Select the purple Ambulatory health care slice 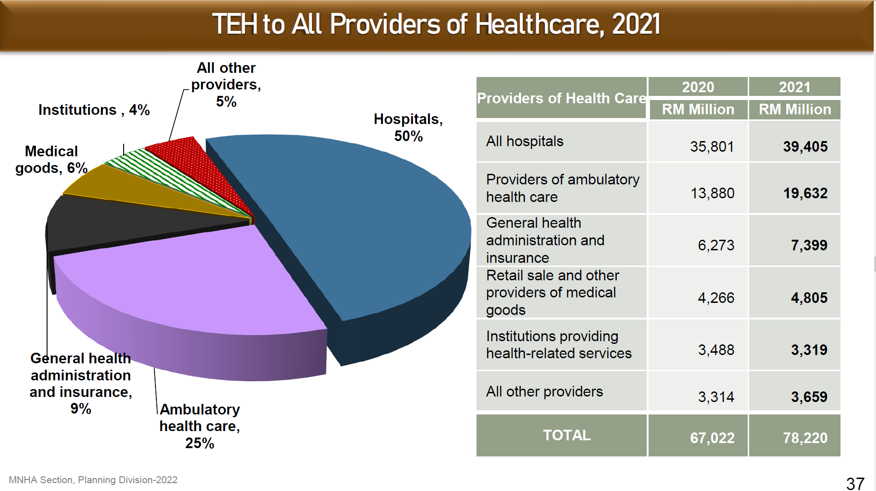[x=185, y=286]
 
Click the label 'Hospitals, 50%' [x=408, y=127]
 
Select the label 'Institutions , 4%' [x=94, y=110]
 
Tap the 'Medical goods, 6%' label [x=51, y=160]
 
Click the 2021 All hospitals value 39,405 [x=805, y=147]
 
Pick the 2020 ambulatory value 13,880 [x=712, y=193]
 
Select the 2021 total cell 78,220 [x=805, y=438]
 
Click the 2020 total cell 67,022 [x=712, y=438]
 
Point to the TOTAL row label [x=566, y=435]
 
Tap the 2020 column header [x=697, y=87]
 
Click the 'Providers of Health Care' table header [x=561, y=98]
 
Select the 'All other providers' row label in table [x=544, y=391]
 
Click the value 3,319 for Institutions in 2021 [x=809, y=350]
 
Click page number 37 [x=855, y=484]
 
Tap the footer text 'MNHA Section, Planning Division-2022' [x=93, y=480]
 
